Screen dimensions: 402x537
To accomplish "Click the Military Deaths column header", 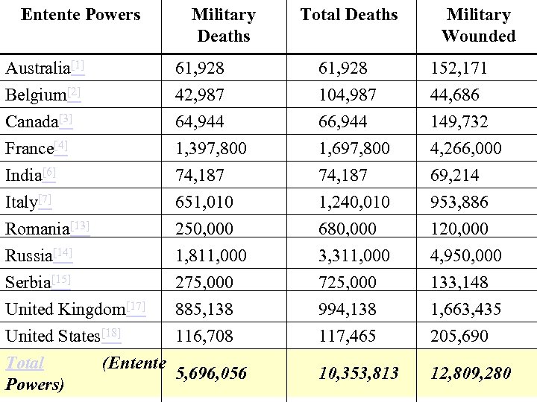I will click(223, 25).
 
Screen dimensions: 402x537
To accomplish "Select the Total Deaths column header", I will click(349, 15).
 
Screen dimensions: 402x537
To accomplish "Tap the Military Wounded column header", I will click(478, 25).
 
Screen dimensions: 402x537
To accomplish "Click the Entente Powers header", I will click(81, 15).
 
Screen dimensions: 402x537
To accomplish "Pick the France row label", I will click(30, 149).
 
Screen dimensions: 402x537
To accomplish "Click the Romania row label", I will click(37, 229).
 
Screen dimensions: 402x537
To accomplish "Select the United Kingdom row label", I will click(65, 309).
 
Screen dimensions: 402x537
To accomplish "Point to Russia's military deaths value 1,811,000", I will click(211, 255).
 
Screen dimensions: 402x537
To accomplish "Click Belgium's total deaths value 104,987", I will click(347, 95).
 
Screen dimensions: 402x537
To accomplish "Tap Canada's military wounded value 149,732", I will click(459, 122).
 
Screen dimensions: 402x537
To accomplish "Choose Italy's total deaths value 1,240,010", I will click(354, 202).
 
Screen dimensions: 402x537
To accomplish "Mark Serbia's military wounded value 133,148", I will click(459, 282).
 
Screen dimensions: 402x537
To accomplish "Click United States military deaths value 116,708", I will click(204, 336).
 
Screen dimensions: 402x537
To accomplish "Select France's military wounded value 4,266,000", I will click(465, 149).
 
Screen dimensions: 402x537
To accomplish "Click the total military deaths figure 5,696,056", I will click(211, 373).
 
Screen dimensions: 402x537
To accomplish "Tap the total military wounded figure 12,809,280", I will click(471, 373).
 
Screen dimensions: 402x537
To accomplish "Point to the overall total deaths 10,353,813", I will click(359, 373).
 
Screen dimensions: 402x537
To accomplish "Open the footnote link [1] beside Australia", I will click(78, 66).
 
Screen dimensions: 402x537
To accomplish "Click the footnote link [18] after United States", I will click(110, 333).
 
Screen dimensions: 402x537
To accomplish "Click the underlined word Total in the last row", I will click(25, 364).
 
